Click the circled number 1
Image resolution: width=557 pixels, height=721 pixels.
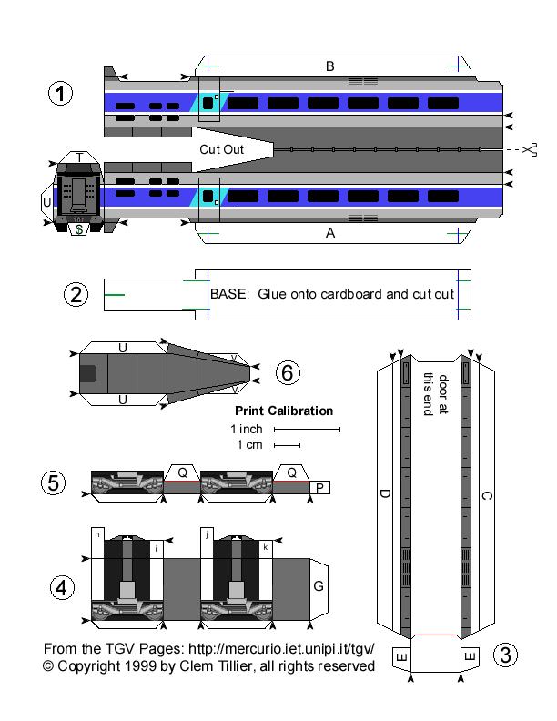tap(60, 94)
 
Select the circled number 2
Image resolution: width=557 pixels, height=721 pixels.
tap(76, 294)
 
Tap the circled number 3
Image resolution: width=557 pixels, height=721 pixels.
tap(507, 654)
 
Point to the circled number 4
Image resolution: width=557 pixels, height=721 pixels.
tap(62, 589)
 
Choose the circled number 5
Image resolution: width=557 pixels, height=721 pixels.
tap(56, 482)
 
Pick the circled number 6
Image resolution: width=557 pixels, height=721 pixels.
tap(286, 371)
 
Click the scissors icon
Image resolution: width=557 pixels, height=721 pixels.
tap(532, 148)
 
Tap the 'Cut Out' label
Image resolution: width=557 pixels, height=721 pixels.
tap(221, 148)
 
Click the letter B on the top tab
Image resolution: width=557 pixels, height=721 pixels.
tap(330, 66)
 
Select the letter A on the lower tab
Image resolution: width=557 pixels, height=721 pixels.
tap(330, 233)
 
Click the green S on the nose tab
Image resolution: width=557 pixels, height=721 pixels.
tap(79, 229)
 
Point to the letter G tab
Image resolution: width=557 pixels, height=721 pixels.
tap(319, 586)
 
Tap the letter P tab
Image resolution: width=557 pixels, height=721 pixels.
tap(319, 489)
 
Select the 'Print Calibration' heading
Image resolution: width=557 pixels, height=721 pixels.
tap(284, 411)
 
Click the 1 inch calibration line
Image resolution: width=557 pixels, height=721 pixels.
tap(307, 428)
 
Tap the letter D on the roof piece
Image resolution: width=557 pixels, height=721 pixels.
tap(384, 495)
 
